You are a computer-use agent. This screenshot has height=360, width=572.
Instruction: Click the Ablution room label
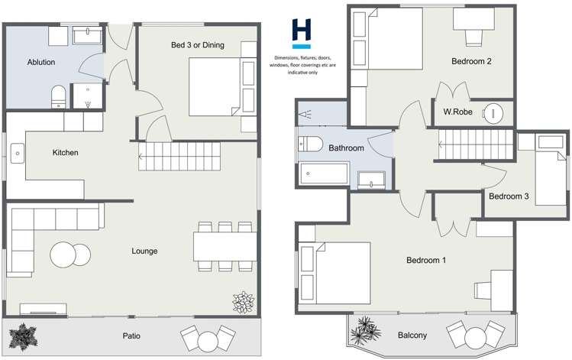click(x=40, y=62)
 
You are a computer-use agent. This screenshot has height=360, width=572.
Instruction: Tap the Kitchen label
click(x=65, y=153)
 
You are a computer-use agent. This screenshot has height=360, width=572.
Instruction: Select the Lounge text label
click(x=144, y=251)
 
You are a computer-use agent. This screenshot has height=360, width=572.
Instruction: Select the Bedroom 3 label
click(x=509, y=196)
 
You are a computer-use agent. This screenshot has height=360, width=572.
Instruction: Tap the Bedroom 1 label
click(x=425, y=261)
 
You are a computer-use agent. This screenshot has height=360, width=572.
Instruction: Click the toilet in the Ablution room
click(x=57, y=96)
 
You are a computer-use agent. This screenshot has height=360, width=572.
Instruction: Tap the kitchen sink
click(x=16, y=156)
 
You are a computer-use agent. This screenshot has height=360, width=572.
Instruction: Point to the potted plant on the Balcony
click(x=364, y=330)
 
